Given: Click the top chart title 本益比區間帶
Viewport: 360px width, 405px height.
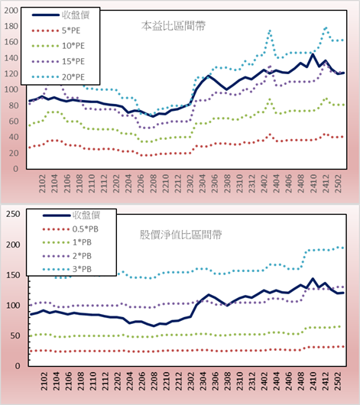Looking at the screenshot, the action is [174, 26].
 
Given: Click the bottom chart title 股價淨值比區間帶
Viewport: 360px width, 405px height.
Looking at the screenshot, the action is [180, 235].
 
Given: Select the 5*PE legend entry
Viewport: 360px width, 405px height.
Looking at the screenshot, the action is [56, 31].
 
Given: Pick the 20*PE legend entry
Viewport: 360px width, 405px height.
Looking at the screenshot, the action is [58, 77].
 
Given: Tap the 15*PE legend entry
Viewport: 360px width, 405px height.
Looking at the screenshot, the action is [58, 61].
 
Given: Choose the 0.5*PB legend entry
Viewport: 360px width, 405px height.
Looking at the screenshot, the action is [70, 229].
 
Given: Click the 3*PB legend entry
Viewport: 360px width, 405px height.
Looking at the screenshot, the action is [67, 269].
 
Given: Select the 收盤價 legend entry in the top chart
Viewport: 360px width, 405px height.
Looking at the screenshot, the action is [60, 15].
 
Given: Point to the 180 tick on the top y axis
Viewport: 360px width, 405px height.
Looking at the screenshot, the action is [11, 26].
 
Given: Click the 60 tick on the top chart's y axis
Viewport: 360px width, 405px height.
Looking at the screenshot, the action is [14, 122].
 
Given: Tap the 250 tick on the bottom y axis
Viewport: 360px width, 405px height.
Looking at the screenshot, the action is [13, 214].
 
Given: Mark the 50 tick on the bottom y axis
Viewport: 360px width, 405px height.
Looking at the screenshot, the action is [15, 335].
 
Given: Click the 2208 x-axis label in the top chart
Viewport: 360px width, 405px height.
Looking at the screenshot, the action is [154, 183].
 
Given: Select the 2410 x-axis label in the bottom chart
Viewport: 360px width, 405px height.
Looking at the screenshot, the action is [313, 381].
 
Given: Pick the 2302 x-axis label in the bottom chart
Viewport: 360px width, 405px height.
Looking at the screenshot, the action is [190, 381].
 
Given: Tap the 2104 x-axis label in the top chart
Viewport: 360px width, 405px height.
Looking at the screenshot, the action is [54, 183].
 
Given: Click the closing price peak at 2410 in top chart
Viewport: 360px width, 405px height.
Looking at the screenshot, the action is [313, 54].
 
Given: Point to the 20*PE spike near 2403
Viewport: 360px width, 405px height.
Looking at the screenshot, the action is [270, 31].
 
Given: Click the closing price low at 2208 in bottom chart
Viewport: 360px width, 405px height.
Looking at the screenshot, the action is [154, 326].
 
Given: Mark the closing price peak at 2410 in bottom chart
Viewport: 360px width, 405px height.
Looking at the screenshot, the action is [313, 279].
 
